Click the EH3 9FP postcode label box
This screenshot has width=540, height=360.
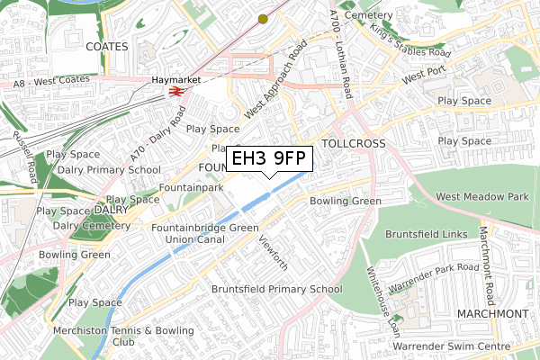270,158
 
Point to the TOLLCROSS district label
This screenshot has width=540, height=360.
353,144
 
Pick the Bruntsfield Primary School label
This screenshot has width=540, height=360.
276,289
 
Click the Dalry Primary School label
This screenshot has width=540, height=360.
109,169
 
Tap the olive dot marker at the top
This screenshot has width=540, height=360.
263,18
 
